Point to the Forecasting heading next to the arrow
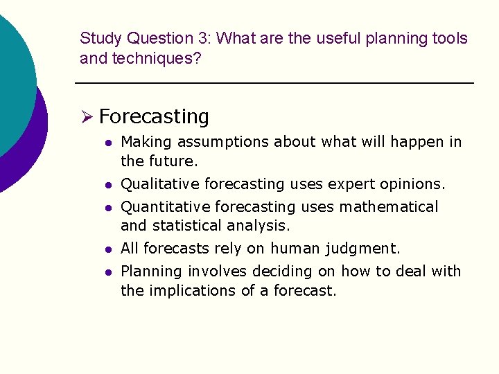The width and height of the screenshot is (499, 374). (154, 117)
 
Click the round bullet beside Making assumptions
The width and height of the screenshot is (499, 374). (107, 143)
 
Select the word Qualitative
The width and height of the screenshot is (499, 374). (159, 184)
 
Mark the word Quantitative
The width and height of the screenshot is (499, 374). (165, 207)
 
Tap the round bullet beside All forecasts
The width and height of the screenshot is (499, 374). (107, 249)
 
